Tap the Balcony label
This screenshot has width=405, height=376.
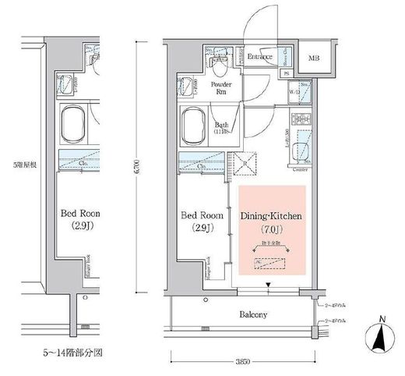point(252,316)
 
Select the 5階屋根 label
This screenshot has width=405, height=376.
point(16,165)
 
